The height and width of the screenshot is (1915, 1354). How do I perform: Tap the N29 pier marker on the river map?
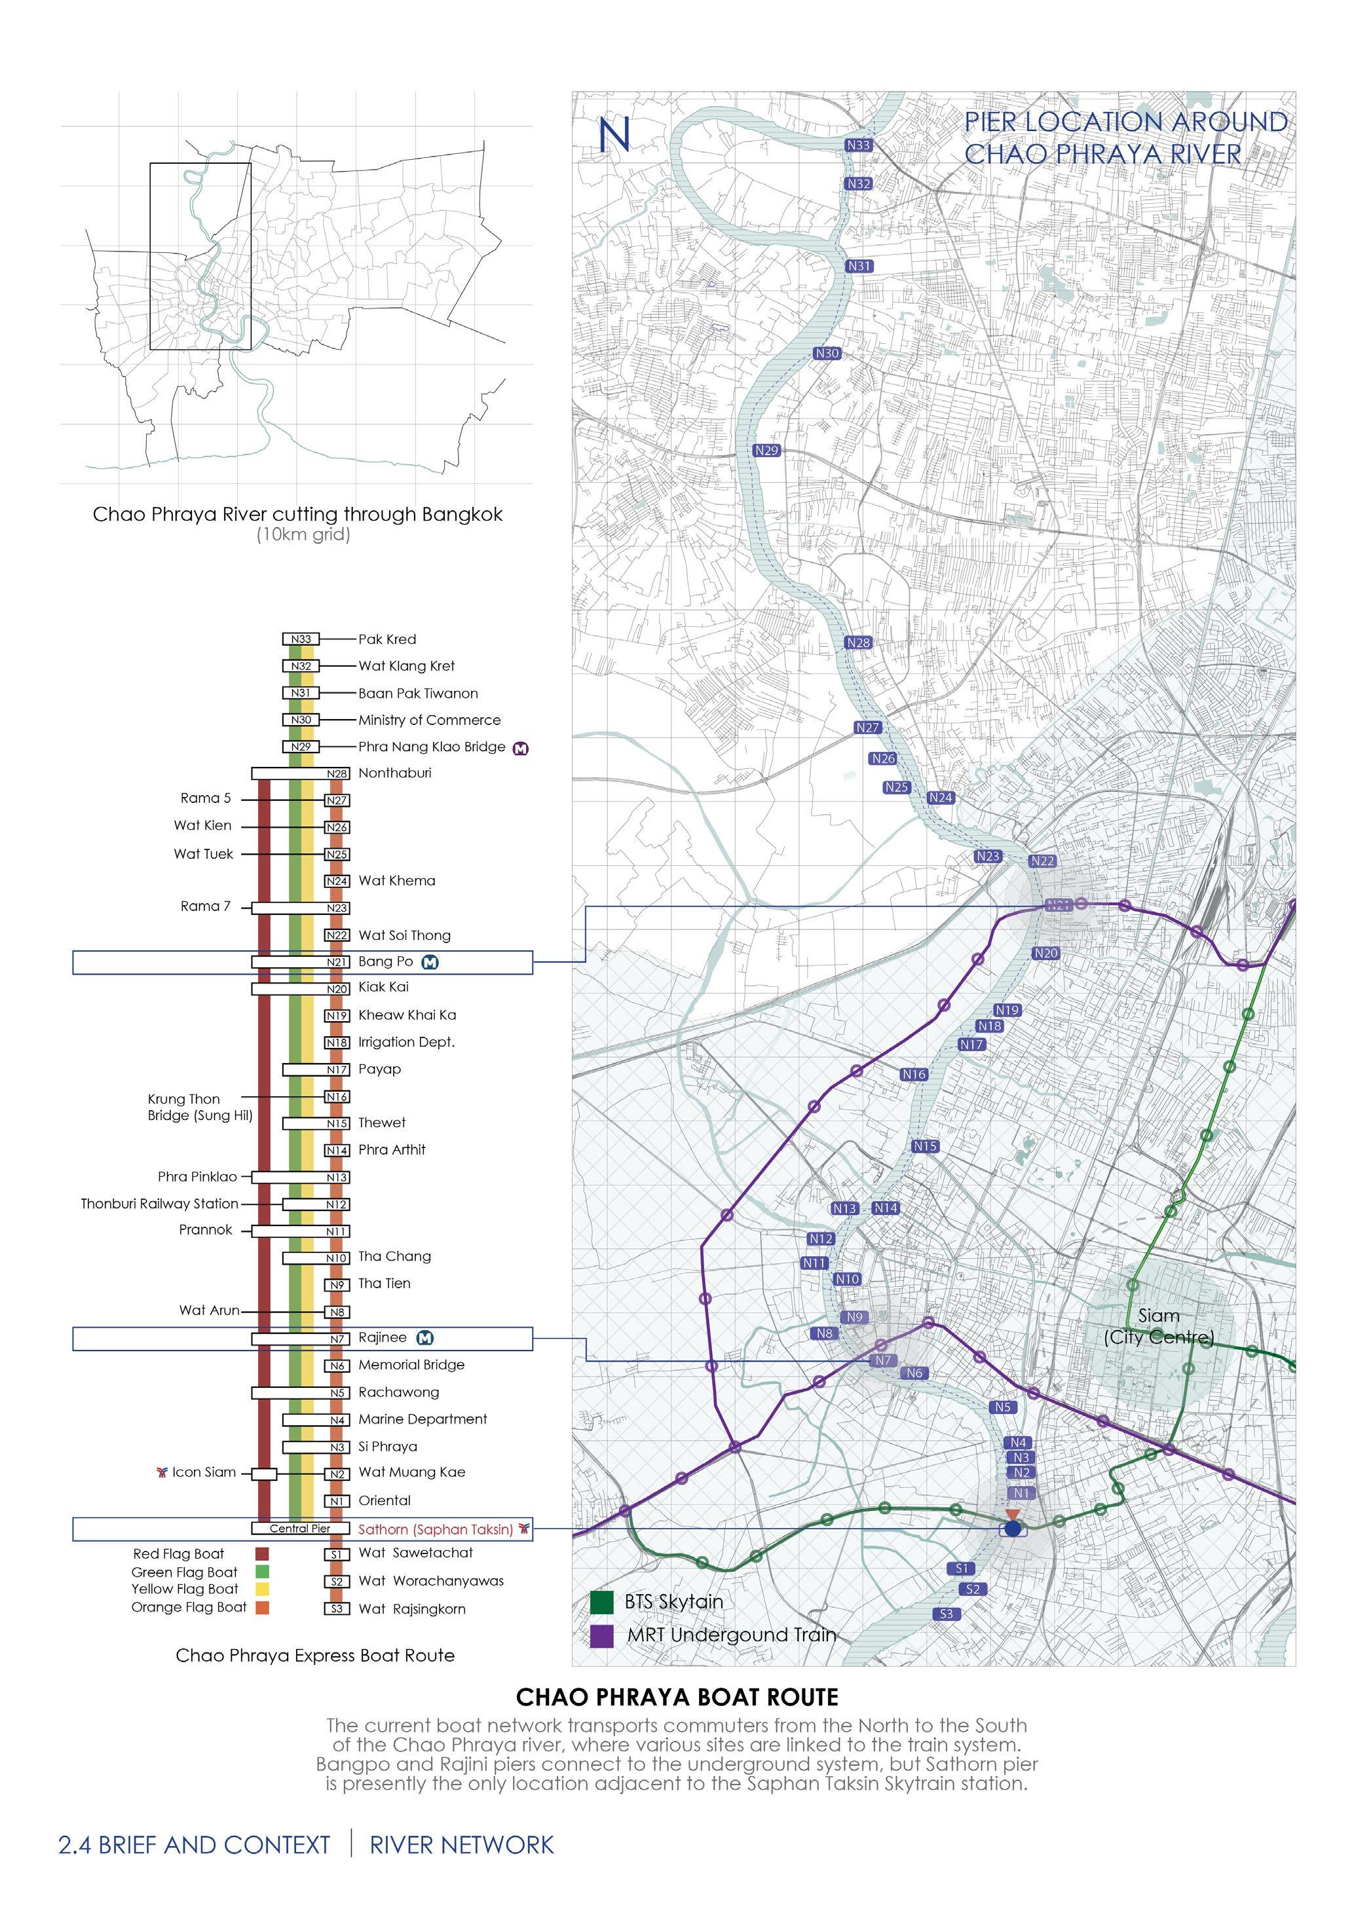[766, 451]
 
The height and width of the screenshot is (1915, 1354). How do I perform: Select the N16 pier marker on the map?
[914, 1074]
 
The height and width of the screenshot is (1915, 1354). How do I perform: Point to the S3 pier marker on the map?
[946, 1614]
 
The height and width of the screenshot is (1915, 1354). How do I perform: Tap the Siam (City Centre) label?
[1159, 1326]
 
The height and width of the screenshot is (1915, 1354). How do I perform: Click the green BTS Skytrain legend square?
[601, 1602]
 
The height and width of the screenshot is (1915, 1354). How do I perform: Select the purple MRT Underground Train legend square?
[601, 1635]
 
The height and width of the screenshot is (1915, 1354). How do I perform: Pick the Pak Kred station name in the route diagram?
[387, 639]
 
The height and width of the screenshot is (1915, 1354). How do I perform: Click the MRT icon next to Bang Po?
[430, 961]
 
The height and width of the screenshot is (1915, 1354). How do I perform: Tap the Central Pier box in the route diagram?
[299, 1529]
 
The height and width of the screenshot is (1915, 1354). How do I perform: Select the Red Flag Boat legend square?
[262, 1554]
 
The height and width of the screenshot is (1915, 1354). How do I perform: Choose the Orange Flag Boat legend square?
[262, 1607]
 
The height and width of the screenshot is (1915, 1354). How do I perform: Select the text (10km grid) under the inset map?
[303, 534]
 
